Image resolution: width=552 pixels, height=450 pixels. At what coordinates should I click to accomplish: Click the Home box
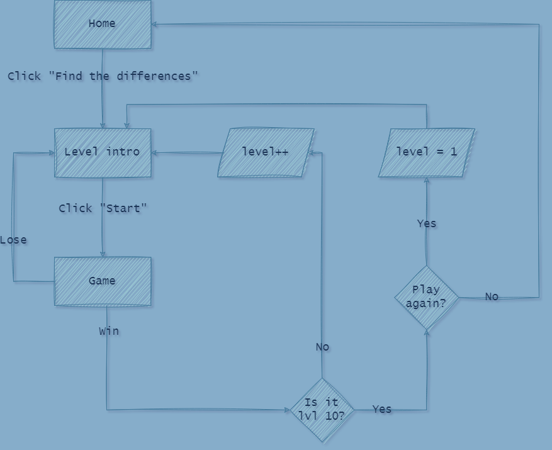pos(103,24)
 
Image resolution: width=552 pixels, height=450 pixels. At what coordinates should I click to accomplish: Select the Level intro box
pos(103,152)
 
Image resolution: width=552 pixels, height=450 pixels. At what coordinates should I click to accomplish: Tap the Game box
pos(103,281)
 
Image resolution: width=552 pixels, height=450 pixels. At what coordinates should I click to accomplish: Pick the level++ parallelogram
pos(266,152)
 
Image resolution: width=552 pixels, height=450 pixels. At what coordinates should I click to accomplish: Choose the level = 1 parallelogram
pos(426,152)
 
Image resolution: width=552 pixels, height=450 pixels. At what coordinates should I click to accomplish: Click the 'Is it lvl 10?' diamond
pos(322,410)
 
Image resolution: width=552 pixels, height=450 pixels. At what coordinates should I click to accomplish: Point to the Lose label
pos(13,240)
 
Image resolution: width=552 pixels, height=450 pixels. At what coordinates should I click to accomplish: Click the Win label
pos(109,331)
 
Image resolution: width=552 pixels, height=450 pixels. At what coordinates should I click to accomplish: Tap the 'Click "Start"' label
pos(103,208)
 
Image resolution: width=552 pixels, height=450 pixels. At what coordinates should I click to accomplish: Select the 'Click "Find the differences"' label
pos(103,76)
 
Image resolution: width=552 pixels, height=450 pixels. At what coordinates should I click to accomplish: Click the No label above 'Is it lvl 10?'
pos(322,347)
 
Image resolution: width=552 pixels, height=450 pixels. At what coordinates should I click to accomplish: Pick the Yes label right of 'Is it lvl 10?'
pos(382,409)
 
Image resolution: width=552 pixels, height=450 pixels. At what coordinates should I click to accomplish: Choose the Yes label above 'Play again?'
pos(426,223)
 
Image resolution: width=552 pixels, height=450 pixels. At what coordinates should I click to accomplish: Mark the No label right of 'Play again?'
pos(492,296)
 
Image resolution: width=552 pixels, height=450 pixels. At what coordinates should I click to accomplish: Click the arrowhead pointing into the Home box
pos(155,25)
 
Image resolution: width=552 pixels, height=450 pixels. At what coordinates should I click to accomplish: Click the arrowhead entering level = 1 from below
pos(427,181)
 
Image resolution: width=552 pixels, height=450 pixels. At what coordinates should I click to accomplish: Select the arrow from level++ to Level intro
pos(187,152)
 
